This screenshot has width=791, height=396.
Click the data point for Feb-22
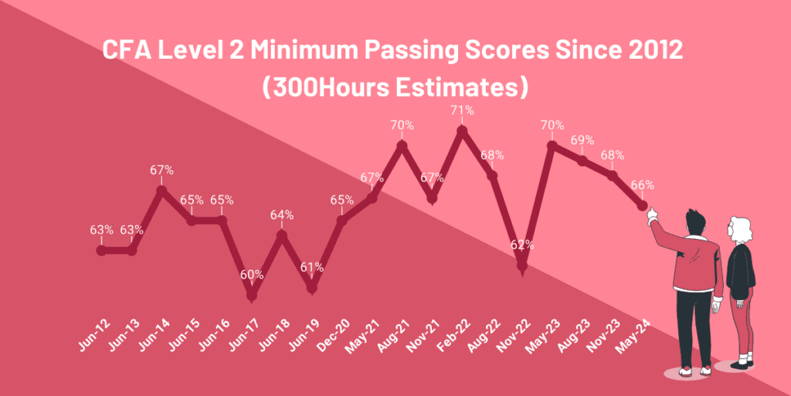pos(462,131)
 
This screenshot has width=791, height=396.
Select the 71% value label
pos(462,110)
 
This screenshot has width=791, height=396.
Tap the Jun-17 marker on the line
pos(252,295)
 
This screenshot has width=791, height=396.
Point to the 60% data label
pos(252,274)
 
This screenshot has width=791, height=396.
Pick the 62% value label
pos(522,244)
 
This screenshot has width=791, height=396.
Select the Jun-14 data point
pos(161,190)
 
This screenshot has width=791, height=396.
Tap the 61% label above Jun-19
pos(311,267)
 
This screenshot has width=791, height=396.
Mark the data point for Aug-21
pos(402,145)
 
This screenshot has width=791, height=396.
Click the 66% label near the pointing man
pos(642,185)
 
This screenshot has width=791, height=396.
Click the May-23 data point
pos(552,145)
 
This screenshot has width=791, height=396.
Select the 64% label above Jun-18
pos(282,215)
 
